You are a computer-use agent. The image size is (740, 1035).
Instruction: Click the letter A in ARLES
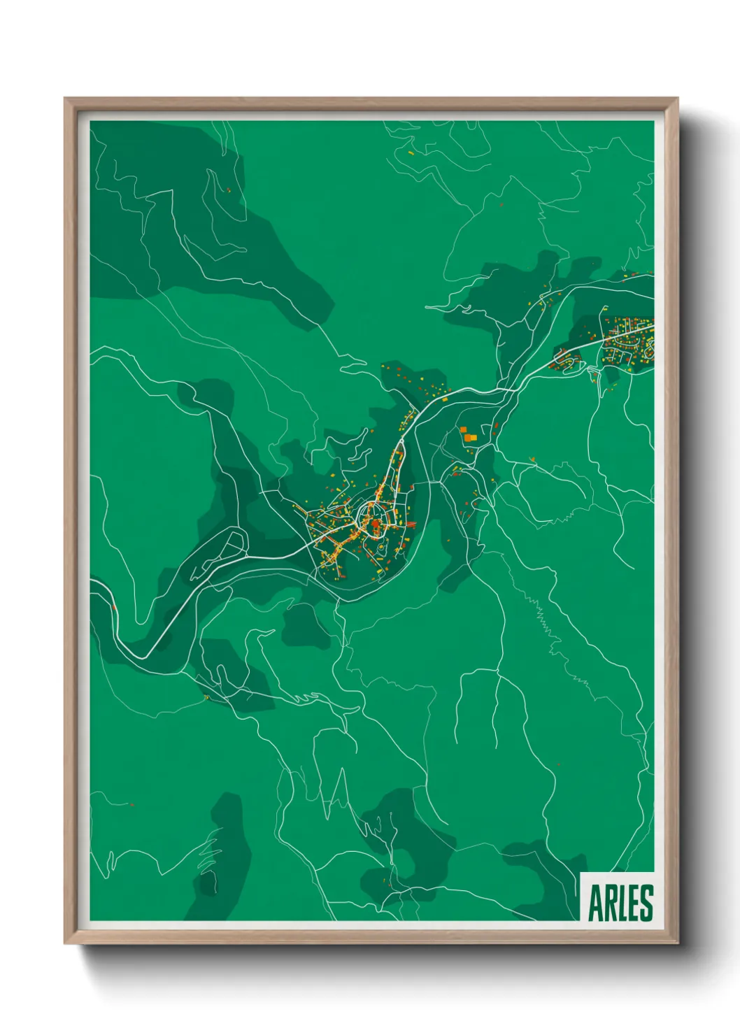596,904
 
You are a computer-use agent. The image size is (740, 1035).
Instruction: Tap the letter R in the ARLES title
611,904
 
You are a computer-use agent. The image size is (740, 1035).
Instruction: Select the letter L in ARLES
622,904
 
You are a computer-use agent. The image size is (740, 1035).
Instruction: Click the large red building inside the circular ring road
376,524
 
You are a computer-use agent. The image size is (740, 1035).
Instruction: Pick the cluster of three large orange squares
467,434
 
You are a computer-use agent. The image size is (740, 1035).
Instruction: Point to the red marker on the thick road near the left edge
113,607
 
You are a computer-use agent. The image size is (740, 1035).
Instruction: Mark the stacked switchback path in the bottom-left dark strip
208,857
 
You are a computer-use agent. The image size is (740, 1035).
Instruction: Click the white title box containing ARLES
618,897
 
